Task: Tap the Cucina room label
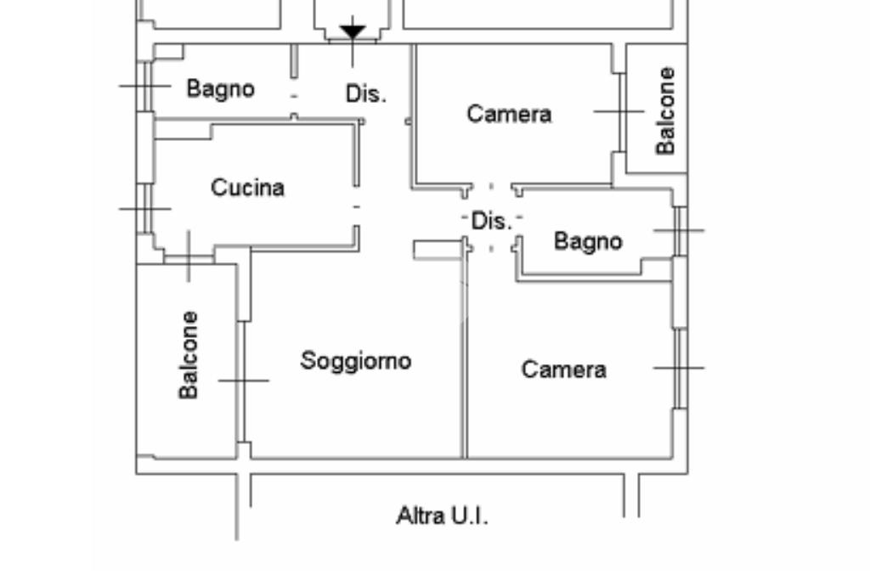(x=247, y=188)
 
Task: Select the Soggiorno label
(x=356, y=361)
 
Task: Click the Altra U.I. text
(x=443, y=515)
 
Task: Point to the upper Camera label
(x=509, y=114)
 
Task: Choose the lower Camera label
(x=563, y=369)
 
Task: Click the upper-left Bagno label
(x=220, y=88)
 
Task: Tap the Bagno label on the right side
(x=588, y=241)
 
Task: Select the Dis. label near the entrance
(x=365, y=93)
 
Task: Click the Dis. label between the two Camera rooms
(x=491, y=222)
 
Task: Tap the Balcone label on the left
(x=189, y=354)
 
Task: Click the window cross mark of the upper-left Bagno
(x=146, y=86)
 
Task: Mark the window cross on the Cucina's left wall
(x=146, y=208)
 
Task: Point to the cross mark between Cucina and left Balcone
(x=189, y=256)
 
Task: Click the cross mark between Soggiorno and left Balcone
(x=244, y=380)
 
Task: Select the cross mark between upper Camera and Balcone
(x=619, y=111)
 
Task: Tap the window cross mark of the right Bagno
(x=679, y=230)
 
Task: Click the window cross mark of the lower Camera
(x=679, y=368)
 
